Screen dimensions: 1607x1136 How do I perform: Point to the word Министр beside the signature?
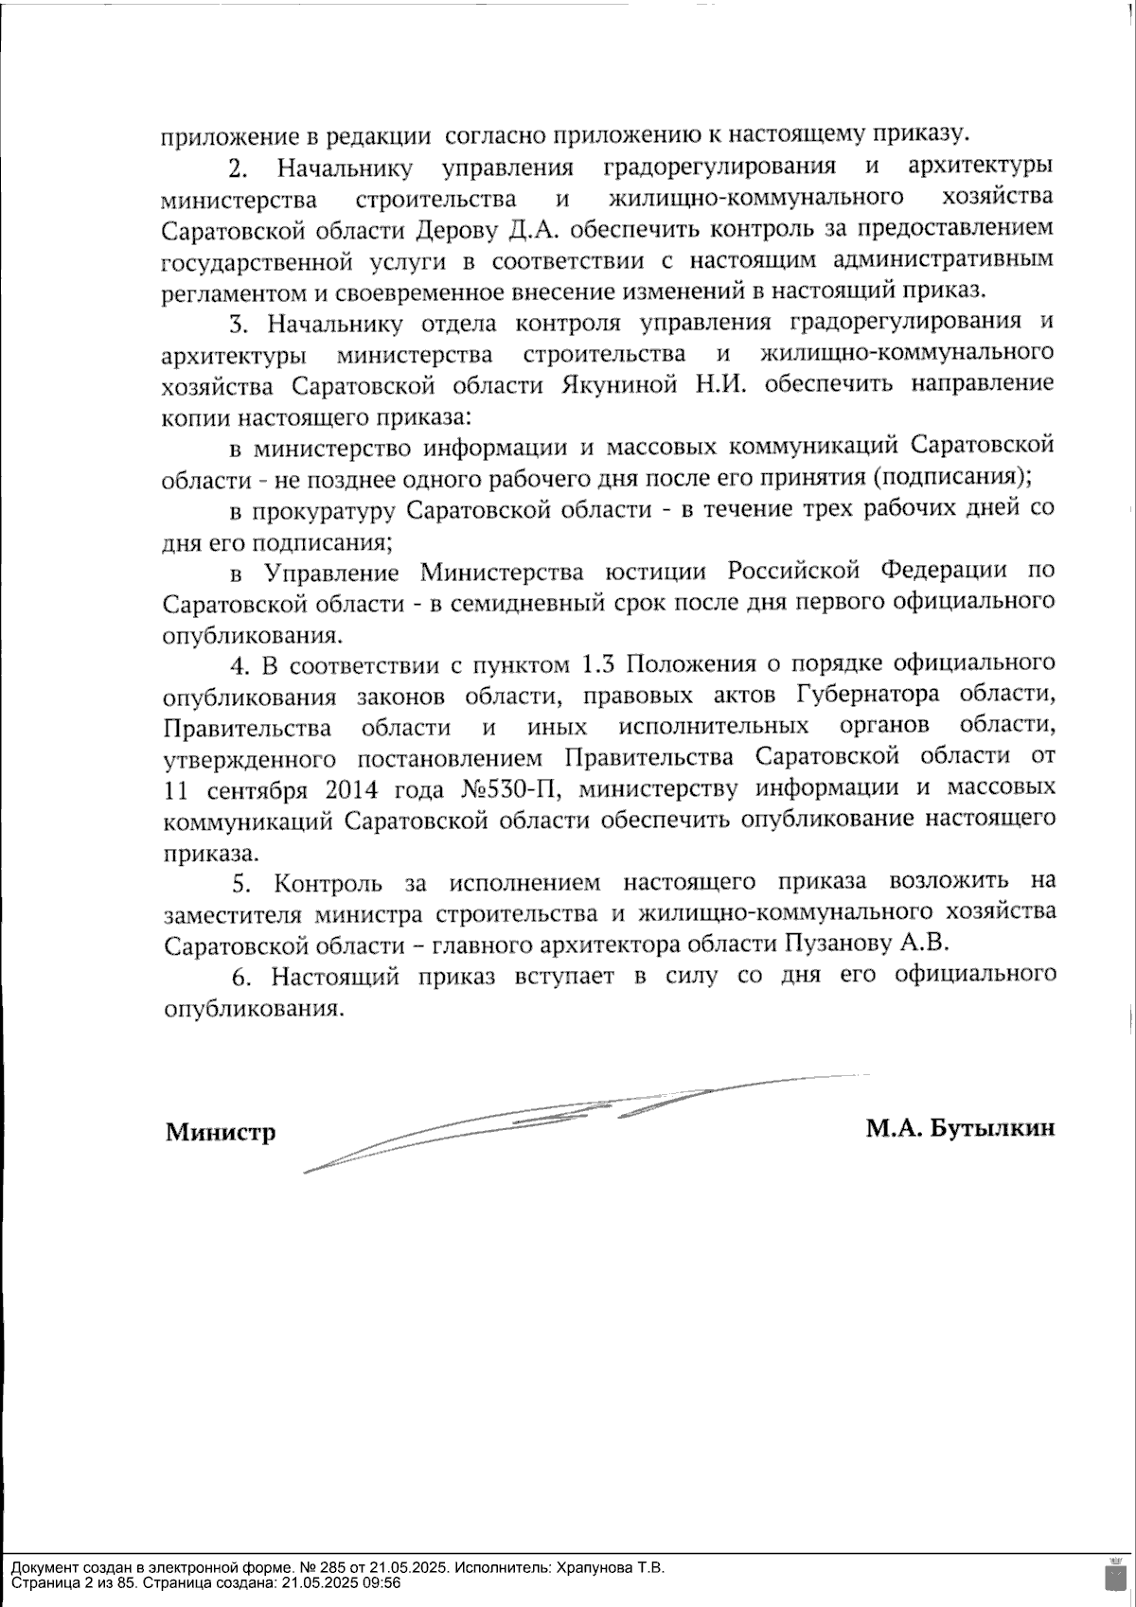pyautogui.click(x=221, y=1132)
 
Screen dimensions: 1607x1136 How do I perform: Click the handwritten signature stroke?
pyautogui.click(x=568, y=1117)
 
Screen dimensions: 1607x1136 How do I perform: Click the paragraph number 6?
pyautogui.click(x=240, y=977)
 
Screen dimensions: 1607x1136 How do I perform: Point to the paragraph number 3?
pyautogui.click(x=238, y=325)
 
